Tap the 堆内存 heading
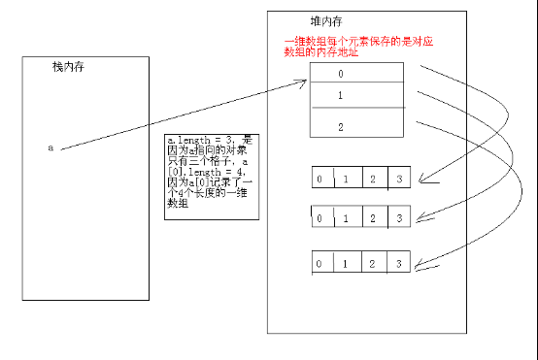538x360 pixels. coord(315,21)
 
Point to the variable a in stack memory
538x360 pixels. coord(50,147)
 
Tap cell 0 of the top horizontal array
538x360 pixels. coord(320,179)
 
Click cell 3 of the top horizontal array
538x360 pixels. coord(398,179)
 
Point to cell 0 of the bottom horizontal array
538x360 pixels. coord(320,263)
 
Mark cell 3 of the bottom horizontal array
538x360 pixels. coord(396,263)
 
